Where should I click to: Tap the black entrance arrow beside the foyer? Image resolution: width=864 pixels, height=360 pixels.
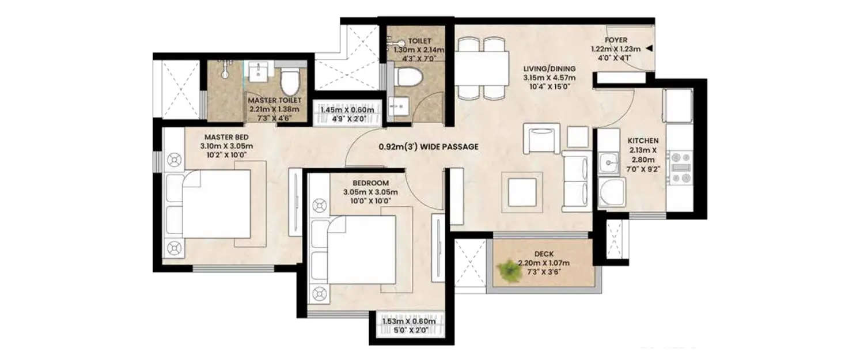tap(649, 49)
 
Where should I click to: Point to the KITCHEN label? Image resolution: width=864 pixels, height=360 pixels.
tap(643, 140)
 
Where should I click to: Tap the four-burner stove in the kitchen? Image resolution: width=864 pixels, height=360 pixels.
tap(680, 167)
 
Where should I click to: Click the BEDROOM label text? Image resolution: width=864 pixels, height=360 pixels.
tap(366, 183)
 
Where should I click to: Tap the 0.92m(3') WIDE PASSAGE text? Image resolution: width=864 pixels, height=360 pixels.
tap(429, 147)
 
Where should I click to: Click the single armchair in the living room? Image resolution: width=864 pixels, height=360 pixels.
tap(541, 138)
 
